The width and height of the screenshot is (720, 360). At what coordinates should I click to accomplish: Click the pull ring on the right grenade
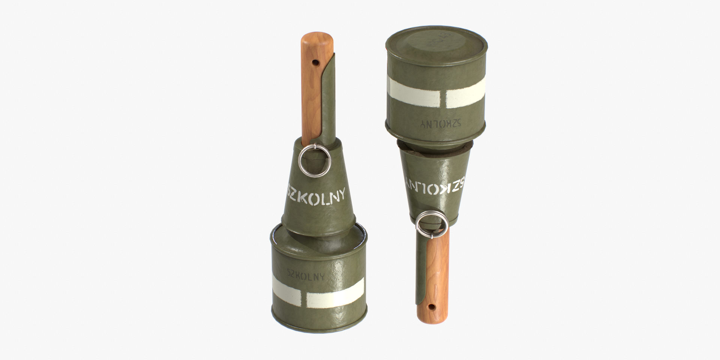tap(432, 224)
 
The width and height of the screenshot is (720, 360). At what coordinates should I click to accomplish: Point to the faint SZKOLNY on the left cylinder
tap(306, 275)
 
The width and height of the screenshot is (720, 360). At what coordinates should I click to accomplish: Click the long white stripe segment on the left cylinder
tap(335, 293)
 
